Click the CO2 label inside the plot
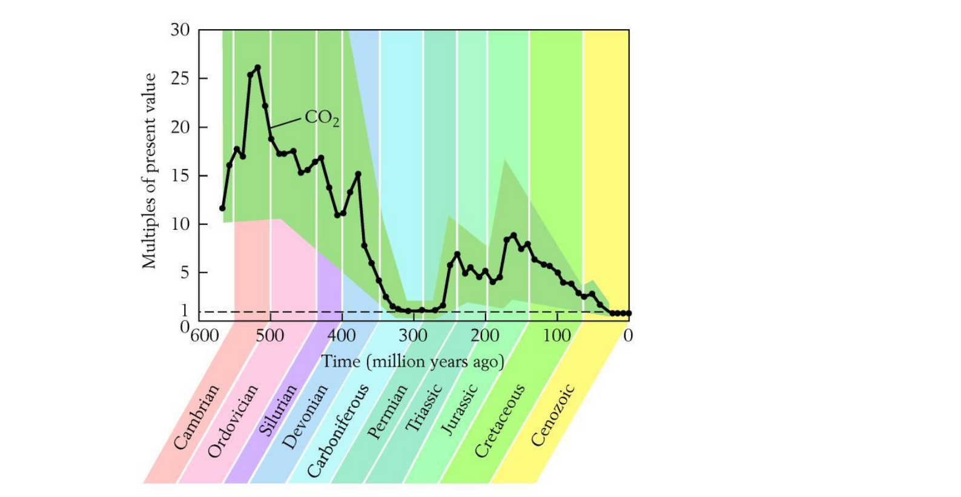(x=322, y=118)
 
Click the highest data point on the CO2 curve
(x=257, y=68)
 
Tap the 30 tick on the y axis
(x=180, y=30)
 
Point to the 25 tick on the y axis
(x=180, y=79)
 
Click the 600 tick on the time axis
(x=204, y=335)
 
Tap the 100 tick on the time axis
(x=556, y=335)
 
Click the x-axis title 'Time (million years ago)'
(x=412, y=361)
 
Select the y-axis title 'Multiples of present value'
(x=149, y=171)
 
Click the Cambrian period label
(x=196, y=418)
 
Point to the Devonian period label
(x=305, y=416)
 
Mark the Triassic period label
(x=423, y=408)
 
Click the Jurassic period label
(x=458, y=410)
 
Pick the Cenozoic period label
(x=553, y=415)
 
